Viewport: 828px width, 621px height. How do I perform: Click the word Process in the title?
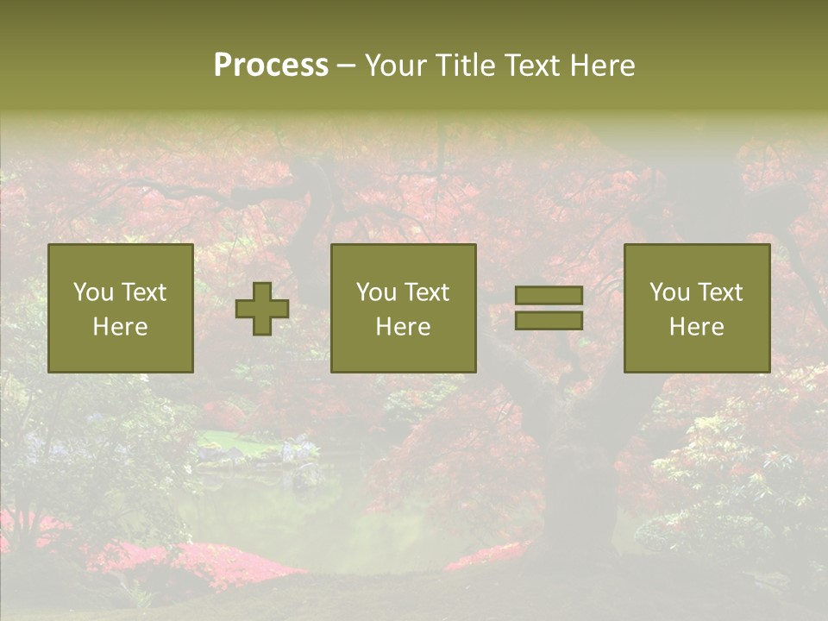click(x=271, y=66)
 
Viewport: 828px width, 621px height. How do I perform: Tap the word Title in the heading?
click(x=463, y=66)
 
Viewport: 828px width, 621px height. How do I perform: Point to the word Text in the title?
click(x=534, y=66)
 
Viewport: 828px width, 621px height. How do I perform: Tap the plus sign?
click(x=262, y=309)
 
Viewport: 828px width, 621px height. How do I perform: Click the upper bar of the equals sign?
click(x=549, y=296)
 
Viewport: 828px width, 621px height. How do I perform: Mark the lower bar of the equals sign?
click(x=549, y=321)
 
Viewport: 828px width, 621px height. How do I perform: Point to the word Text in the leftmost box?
click(x=143, y=292)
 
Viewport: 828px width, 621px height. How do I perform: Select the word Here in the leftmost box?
click(x=120, y=327)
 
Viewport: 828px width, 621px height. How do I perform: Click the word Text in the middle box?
click(x=426, y=292)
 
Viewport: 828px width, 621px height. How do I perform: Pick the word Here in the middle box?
click(x=403, y=327)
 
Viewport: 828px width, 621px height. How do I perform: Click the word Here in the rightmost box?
click(x=696, y=327)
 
